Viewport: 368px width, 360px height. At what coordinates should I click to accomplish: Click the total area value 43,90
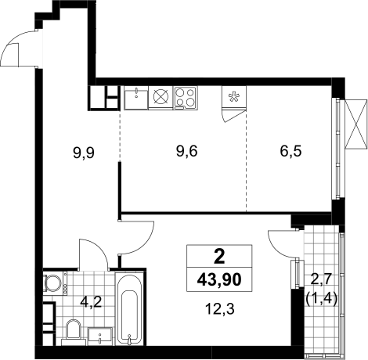[219, 280]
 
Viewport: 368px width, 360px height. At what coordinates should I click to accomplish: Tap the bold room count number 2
[219, 257]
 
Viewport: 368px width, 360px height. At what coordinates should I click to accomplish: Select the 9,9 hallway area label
[84, 153]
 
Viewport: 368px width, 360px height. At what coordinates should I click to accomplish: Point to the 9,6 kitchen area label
[187, 151]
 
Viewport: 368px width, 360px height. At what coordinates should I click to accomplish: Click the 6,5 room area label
[291, 151]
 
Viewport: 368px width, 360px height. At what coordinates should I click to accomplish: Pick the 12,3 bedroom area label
[220, 309]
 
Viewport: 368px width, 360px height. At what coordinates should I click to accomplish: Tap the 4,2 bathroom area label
[91, 302]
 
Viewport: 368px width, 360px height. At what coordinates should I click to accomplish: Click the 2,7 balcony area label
[321, 281]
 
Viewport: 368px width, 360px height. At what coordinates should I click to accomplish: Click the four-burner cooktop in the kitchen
[186, 97]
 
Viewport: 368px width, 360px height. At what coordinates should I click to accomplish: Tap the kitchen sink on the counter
[136, 98]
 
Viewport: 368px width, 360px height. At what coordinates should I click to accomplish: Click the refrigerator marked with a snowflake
[234, 97]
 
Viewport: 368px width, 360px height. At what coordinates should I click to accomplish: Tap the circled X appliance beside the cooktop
[161, 97]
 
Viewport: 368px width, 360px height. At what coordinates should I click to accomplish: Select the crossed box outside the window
[355, 124]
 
